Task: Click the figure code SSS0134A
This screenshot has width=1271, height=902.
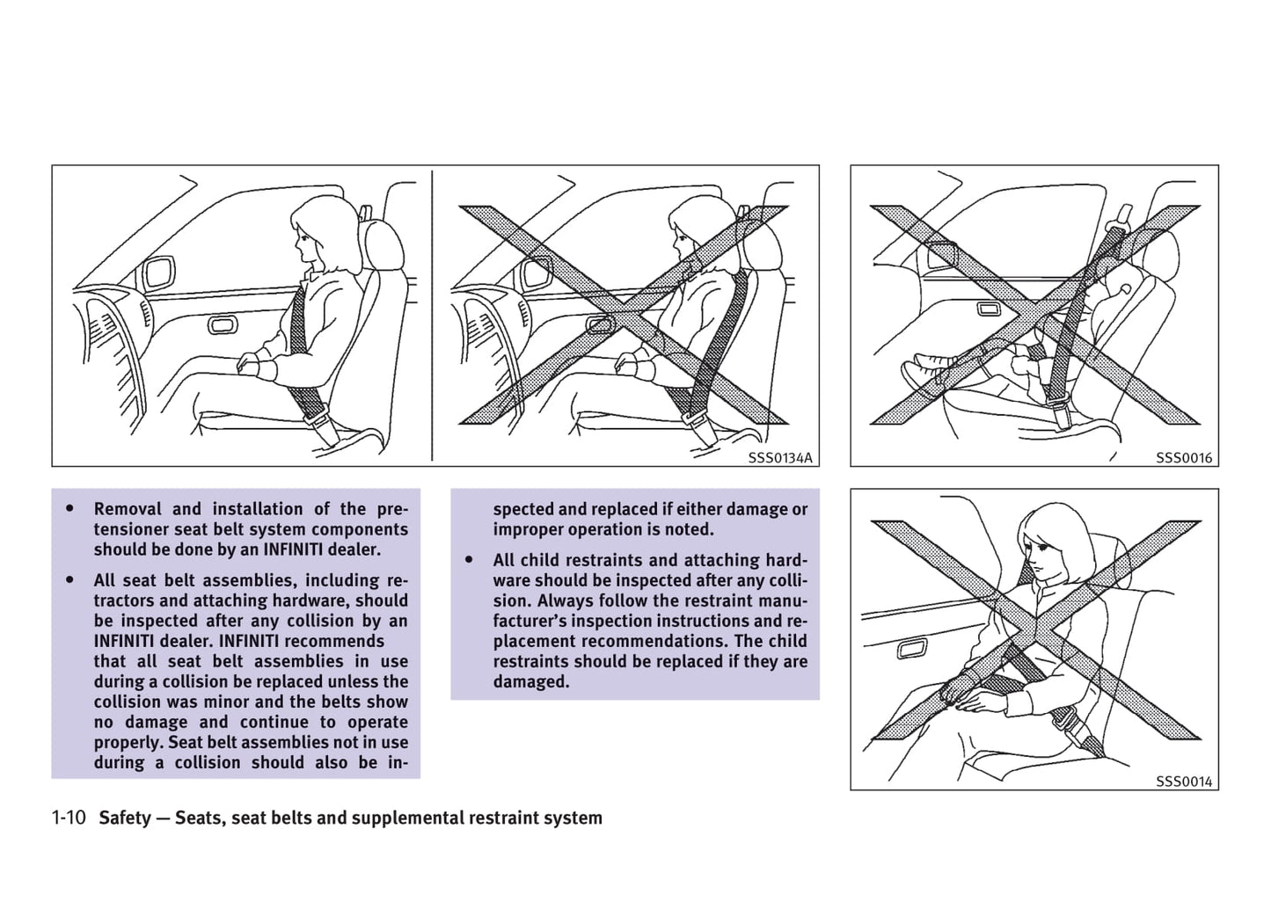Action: pyautogui.click(x=780, y=458)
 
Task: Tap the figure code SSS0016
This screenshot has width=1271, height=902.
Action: pyautogui.click(x=1183, y=458)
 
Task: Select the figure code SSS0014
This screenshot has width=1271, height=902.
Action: pyautogui.click(x=1183, y=782)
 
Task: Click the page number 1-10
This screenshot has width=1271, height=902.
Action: pyautogui.click(x=69, y=818)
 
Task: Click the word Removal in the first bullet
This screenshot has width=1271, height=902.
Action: pyautogui.click(x=127, y=509)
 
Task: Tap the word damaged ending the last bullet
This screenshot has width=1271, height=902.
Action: pyautogui.click(x=530, y=681)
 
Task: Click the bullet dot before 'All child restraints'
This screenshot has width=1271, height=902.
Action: pyautogui.click(x=469, y=560)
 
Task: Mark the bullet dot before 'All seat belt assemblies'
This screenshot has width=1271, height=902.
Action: pyautogui.click(x=69, y=580)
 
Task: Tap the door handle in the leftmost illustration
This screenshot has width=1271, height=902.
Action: pyautogui.click(x=222, y=326)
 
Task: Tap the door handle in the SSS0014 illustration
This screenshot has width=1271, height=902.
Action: pyautogui.click(x=909, y=650)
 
